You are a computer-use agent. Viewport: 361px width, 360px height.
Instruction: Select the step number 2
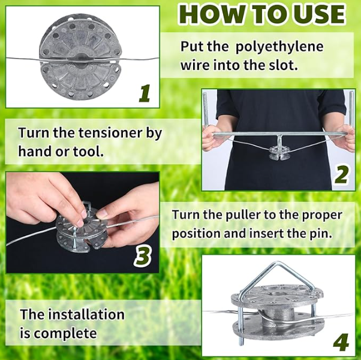coord(342,175)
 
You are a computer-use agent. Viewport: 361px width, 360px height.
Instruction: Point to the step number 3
coord(142,256)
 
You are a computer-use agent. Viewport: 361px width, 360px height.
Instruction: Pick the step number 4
coord(341,341)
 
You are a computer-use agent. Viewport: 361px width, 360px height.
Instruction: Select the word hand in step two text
coord(35,151)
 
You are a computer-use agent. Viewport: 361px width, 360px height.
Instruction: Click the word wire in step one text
coord(195,65)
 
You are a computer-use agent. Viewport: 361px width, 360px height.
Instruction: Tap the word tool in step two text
coord(88,151)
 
